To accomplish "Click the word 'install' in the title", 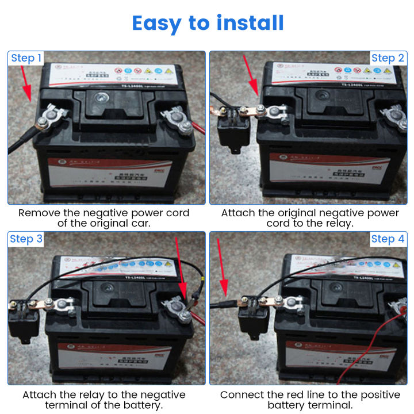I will click(x=250, y=23).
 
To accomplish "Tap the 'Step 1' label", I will click(x=26, y=58).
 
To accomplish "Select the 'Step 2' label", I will click(x=388, y=58).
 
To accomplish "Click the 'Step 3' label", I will click(x=26, y=239).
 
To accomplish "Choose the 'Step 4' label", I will click(x=388, y=239).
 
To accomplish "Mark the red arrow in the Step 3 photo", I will click(x=179, y=264).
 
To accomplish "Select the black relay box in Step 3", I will click(x=23, y=316).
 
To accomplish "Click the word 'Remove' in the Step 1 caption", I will click(x=39, y=213).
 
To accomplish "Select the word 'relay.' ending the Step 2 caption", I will click(x=340, y=223).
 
